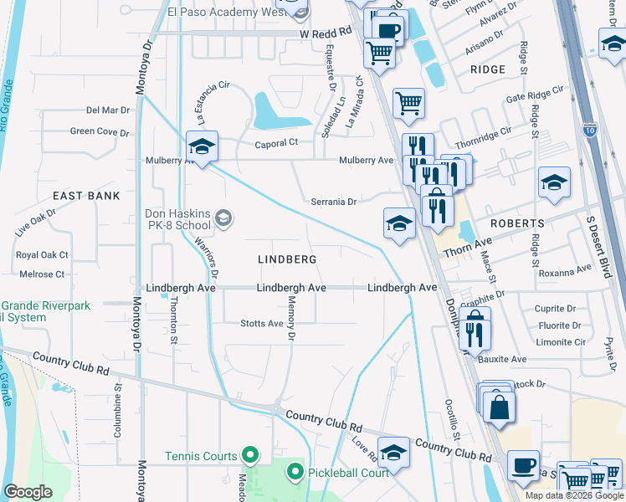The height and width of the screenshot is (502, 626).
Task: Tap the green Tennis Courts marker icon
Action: (x=249, y=455)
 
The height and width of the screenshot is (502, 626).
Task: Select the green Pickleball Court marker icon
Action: (x=295, y=473)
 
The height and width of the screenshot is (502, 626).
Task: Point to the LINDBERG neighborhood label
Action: (x=281, y=259)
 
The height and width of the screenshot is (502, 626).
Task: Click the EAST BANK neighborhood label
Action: (x=86, y=195)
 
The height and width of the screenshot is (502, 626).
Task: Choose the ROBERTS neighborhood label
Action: (x=517, y=223)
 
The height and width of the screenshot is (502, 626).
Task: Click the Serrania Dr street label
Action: (x=334, y=202)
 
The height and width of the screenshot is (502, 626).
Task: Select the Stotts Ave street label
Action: (x=262, y=323)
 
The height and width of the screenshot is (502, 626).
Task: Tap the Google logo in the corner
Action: (x=27, y=491)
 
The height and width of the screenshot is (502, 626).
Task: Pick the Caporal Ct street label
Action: (x=276, y=143)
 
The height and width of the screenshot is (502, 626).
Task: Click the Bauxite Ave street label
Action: (x=502, y=359)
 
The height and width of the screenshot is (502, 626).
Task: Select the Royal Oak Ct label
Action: (x=42, y=255)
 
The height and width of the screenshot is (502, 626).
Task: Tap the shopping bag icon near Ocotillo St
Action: (x=499, y=408)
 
